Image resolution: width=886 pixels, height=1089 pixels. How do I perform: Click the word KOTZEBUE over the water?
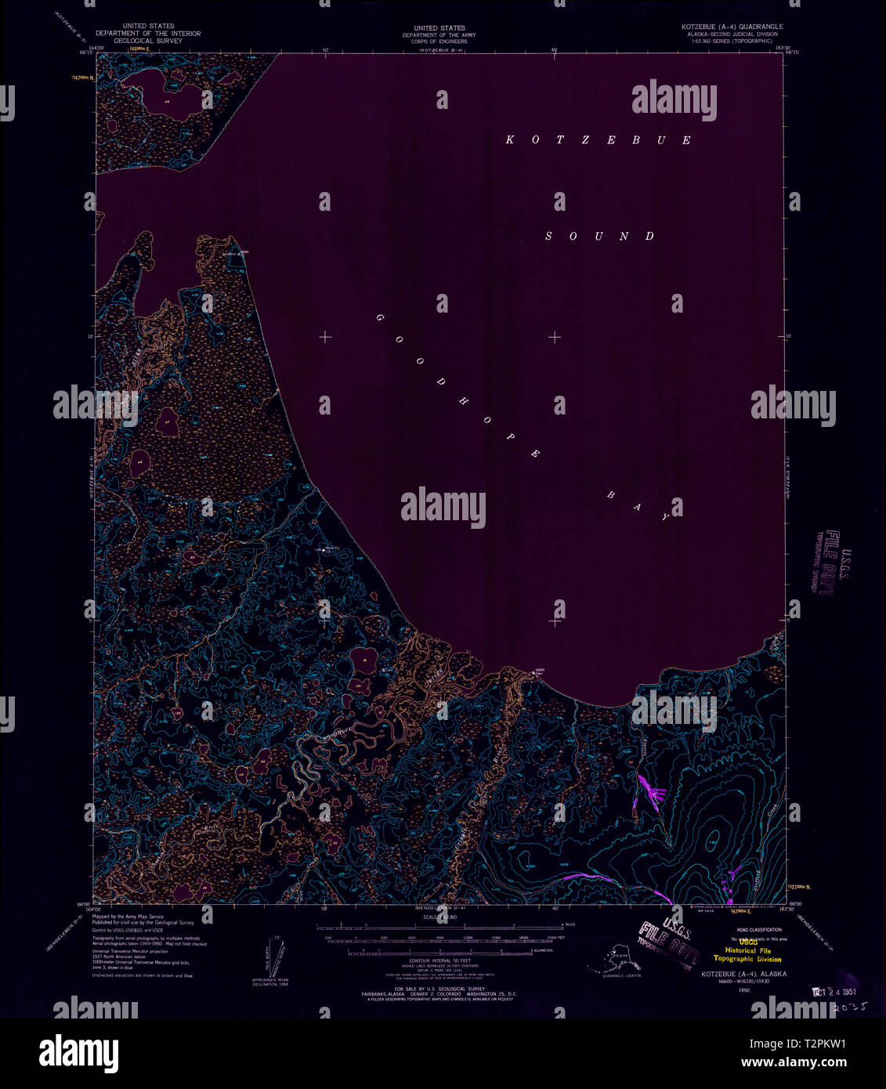pos(599,140)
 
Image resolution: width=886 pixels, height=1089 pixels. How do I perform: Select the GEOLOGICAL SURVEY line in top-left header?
pos(148,40)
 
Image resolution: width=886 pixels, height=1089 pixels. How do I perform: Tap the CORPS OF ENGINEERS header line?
pos(439,40)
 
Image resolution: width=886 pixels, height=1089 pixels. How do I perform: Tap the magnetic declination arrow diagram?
pos(270,959)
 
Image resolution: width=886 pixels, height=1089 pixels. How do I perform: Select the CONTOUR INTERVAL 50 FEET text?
pos(439,960)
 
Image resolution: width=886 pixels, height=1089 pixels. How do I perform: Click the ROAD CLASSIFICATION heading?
pos(754,929)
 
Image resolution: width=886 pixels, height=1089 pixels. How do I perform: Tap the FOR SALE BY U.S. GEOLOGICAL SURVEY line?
pos(439,989)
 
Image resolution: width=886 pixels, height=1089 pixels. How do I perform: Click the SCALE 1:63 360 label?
pos(440,916)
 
